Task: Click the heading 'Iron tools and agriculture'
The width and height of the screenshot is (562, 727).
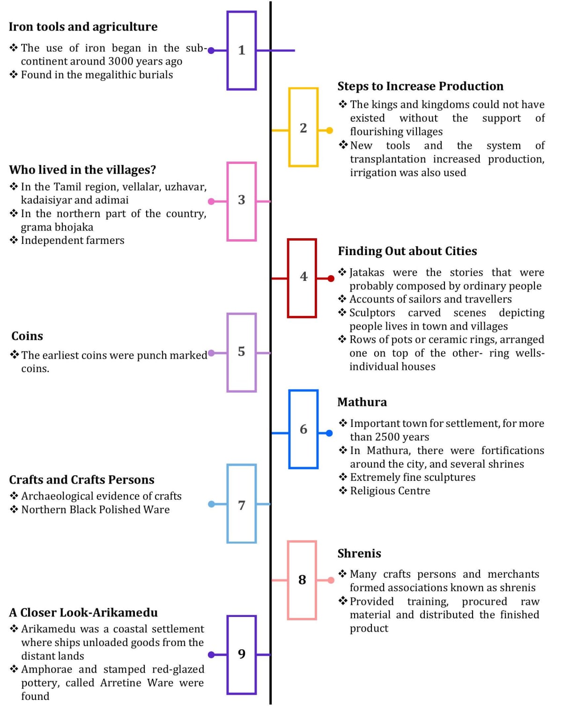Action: click(83, 27)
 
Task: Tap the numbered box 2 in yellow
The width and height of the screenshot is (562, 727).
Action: click(303, 127)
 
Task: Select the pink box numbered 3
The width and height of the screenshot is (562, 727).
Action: click(241, 201)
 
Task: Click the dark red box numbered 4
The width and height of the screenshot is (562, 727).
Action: click(302, 278)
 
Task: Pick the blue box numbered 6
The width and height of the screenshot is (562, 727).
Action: click(303, 429)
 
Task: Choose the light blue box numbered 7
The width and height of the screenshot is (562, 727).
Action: click(241, 504)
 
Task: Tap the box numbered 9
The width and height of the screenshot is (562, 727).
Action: click(241, 654)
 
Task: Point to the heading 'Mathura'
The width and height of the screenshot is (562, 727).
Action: click(362, 402)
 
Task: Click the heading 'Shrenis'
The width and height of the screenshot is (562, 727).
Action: click(359, 553)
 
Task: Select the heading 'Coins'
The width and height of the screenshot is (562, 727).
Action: click(27, 336)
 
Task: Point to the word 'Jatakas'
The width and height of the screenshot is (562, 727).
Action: click(367, 272)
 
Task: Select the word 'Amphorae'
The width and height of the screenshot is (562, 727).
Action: click(47, 669)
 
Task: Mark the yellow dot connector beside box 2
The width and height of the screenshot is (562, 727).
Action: click(330, 130)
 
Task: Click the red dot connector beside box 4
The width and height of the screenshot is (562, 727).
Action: click(331, 279)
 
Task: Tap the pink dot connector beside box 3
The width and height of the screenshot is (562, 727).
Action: click(211, 201)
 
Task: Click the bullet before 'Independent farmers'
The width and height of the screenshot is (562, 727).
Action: click(14, 240)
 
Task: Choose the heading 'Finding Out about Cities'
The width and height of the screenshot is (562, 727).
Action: click(407, 251)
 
